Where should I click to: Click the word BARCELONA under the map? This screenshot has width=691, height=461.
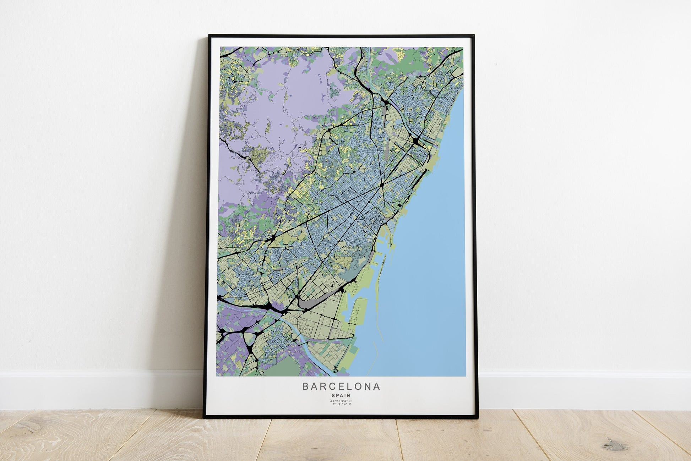pos(341,386)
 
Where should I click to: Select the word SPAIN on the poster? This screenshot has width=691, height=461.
pos(341,395)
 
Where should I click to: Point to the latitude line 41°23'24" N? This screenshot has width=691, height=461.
pos(341,401)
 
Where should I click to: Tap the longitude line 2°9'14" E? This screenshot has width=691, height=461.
pos(341,405)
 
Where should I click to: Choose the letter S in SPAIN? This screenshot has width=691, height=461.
pos(333,395)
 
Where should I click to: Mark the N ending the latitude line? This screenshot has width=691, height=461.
pos(350,401)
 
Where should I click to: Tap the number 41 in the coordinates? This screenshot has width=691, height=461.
pos(332,401)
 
